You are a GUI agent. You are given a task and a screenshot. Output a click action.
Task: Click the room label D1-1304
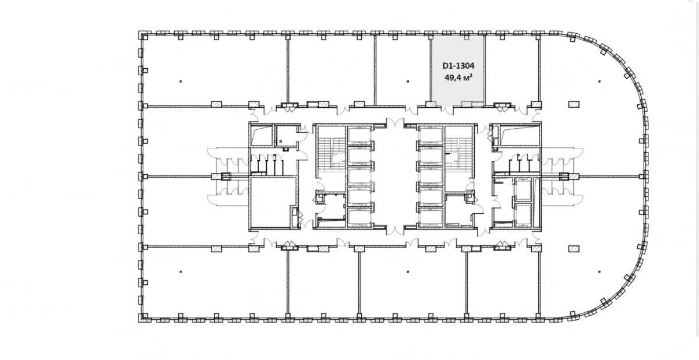[x=458, y=66]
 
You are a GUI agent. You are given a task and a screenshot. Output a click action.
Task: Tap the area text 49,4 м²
[x=458, y=77]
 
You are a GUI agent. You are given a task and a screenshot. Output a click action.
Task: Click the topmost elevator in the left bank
[x=359, y=135]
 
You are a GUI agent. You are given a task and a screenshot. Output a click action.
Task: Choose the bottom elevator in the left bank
[x=359, y=217]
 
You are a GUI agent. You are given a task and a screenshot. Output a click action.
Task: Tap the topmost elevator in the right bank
[x=431, y=135]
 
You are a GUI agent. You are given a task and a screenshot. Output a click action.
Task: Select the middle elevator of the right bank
[x=431, y=176]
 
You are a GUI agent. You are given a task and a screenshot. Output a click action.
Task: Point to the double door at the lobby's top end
[x=395, y=123]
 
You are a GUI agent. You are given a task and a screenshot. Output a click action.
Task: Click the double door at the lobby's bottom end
[x=395, y=230]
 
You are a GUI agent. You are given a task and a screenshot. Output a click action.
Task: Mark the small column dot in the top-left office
[x=181, y=82]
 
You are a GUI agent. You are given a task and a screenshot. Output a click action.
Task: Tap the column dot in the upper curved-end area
[x=599, y=82]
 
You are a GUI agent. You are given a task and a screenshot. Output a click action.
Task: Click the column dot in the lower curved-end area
[x=599, y=271]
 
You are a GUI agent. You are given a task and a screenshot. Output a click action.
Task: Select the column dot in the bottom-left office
[x=181, y=271]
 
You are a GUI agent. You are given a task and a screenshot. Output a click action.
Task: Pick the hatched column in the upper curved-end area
[x=574, y=104]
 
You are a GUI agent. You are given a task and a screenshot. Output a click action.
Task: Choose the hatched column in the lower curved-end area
[x=574, y=249]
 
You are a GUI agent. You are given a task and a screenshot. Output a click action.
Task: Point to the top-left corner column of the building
[x=143, y=36]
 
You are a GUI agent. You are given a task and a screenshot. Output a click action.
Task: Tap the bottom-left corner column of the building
[x=143, y=317]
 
